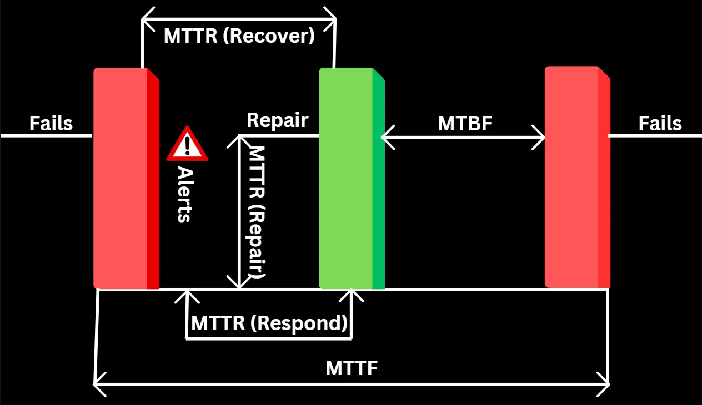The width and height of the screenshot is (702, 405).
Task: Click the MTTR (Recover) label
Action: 239,36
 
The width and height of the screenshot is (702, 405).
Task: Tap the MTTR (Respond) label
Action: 269,323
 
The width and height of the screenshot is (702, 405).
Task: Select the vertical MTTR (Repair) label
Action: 257,211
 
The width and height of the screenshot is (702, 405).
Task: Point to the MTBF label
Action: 465,123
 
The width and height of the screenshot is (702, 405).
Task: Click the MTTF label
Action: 352,368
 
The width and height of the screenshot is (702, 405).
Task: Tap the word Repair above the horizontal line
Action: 277,120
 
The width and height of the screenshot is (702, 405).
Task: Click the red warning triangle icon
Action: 187,144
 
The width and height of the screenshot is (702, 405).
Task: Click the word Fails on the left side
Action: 51,123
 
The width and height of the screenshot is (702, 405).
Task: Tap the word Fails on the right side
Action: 660,123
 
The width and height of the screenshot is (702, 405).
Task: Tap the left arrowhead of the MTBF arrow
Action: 384,136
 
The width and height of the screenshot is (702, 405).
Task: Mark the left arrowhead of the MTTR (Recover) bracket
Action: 144,20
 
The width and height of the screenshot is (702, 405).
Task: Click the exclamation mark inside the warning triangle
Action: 188,145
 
